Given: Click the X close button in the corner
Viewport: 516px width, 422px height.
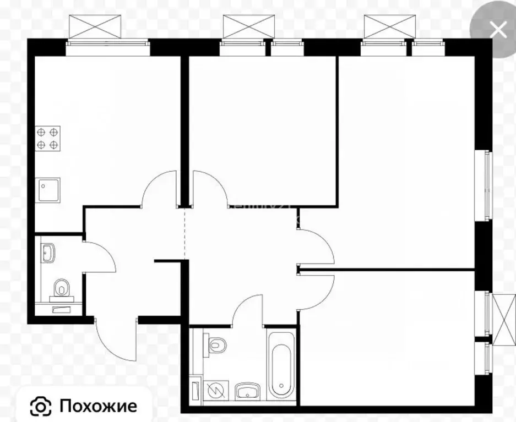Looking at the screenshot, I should point(498,29).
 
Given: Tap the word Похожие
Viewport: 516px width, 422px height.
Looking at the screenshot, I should point(98,406).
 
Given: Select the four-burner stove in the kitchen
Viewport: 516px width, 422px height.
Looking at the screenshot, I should point(48,138).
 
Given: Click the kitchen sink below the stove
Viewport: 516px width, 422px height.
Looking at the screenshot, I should point(48,190).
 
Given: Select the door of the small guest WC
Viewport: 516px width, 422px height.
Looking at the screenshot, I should point(99,256).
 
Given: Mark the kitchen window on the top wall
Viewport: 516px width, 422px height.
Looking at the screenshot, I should point(108,47).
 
